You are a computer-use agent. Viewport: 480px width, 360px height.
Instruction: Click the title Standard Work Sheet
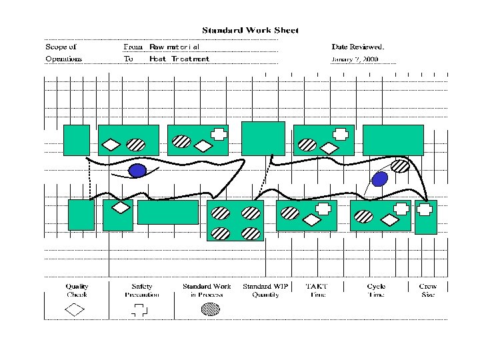pos(250,30)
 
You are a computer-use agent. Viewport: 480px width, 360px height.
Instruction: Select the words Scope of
pos(61,47)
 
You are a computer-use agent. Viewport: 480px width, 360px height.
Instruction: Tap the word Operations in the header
pos(64,59)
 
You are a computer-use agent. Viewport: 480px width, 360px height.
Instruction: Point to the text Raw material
pos(174,47)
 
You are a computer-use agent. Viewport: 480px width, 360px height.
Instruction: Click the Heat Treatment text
pos(179,59)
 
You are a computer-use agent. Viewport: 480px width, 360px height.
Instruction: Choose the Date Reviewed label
pos(357,47)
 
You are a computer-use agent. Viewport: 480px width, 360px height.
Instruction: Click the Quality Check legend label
pos(77,291)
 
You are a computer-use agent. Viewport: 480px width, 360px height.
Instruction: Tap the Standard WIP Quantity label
pos(265,291)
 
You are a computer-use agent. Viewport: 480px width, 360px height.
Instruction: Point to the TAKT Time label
pos(317,291)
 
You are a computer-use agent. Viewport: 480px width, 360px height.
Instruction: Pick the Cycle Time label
pos(376,291)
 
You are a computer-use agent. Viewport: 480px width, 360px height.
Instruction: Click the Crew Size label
pos(428,291)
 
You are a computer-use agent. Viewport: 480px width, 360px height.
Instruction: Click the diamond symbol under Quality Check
pos(75,309)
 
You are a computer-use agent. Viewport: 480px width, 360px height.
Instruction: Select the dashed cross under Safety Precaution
pos(139,309)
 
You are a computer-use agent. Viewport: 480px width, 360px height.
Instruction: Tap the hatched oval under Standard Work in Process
pos(211,309)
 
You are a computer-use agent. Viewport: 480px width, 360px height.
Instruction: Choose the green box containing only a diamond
pos(118,215)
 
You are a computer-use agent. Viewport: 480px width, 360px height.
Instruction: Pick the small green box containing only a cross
pos(425,217)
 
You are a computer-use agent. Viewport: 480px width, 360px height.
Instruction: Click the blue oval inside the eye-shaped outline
pos(138,171)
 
